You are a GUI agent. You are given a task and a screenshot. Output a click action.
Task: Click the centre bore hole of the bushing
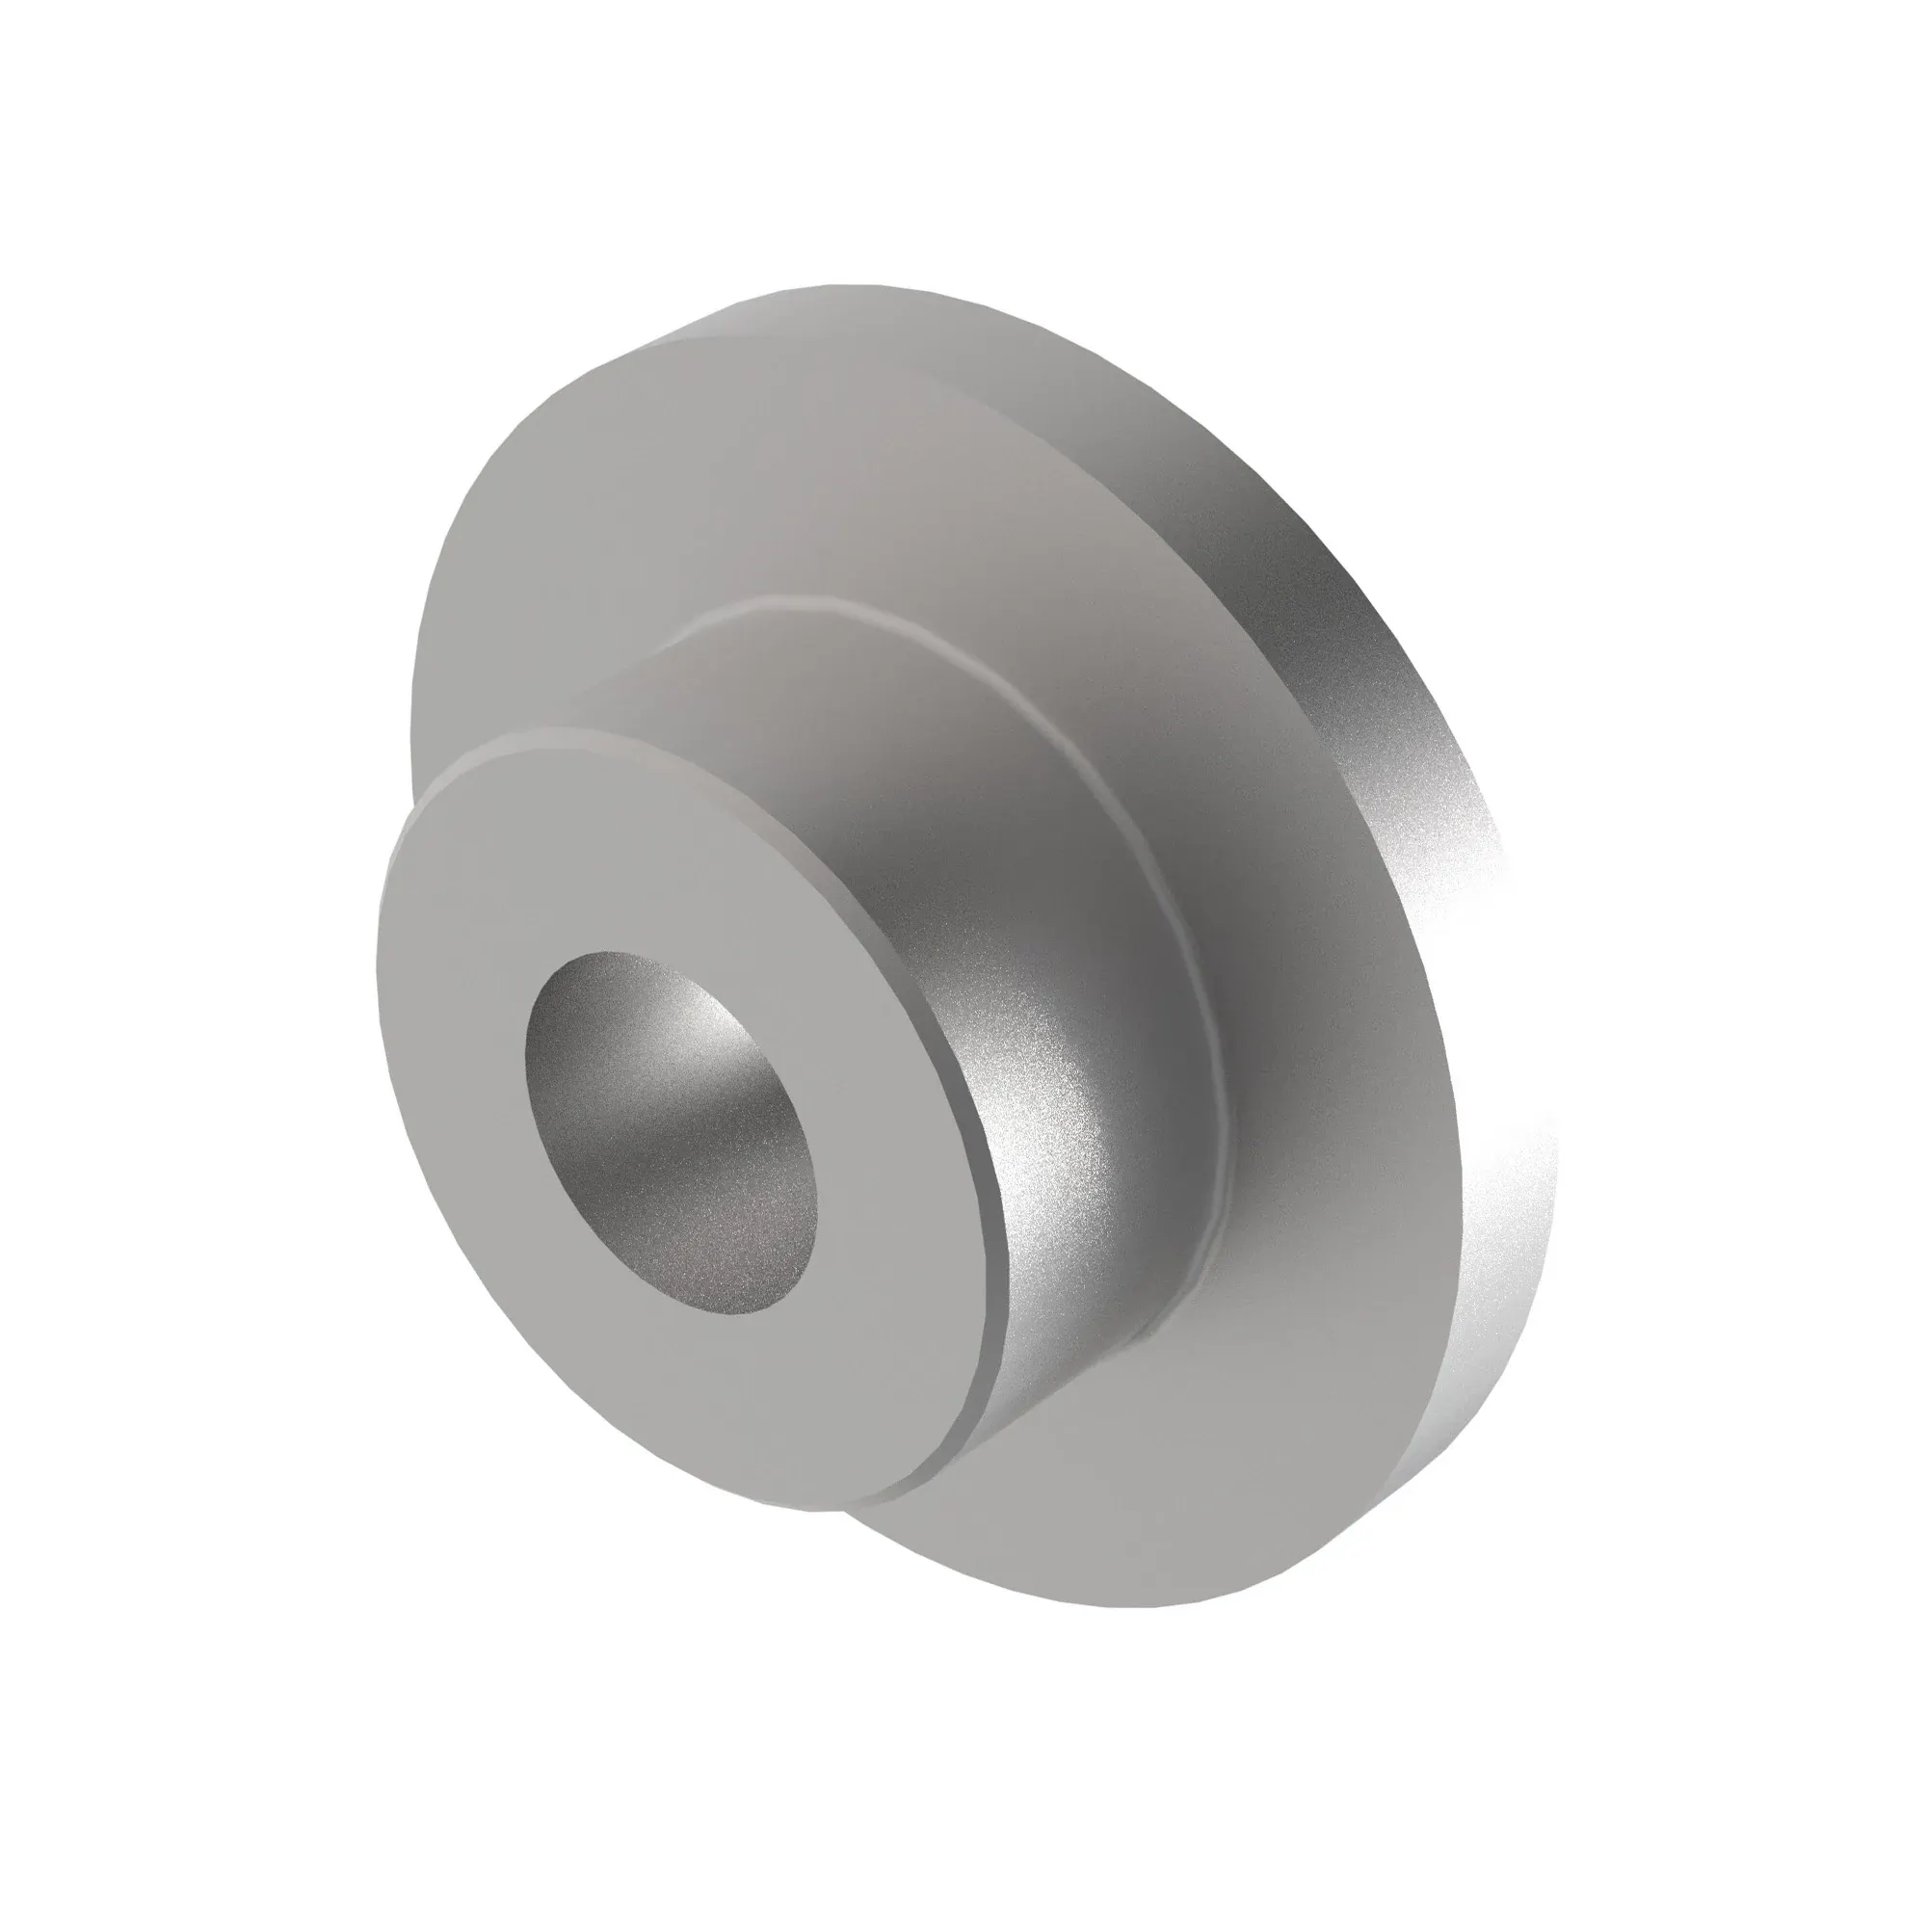(x=671, y=1133)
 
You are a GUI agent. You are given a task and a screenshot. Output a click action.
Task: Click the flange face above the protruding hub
(x=798, y=479)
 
